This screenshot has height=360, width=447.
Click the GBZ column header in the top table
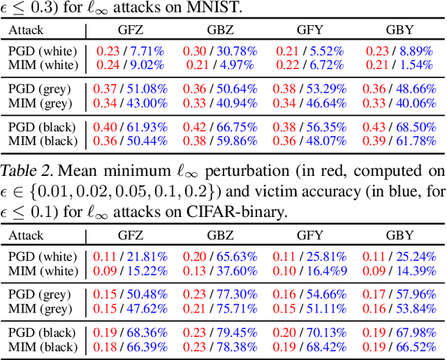219,31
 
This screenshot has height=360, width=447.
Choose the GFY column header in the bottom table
309,235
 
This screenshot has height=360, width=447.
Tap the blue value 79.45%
235,331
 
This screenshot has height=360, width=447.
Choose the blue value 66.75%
235,128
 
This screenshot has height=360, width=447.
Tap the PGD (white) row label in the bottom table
41,256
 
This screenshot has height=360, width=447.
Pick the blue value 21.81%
145,256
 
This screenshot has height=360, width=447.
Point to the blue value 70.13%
325,331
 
